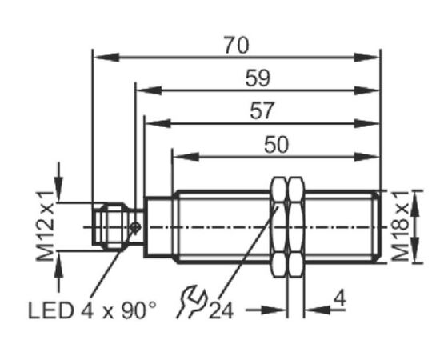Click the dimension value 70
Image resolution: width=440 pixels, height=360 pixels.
tap(236, 46)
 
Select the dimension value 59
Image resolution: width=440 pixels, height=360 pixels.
tap(258, 78)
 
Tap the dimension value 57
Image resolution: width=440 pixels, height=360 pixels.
tap(262, 111)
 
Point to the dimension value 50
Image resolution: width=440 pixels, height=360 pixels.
tap(276, 145)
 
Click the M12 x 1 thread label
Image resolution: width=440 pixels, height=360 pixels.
tap(45, 226)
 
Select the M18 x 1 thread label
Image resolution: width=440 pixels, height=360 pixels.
tap(401, 226)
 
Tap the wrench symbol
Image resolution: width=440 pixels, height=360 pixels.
tap(191, 302)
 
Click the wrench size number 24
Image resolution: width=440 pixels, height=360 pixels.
tap(221, 310)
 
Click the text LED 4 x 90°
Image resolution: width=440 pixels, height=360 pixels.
tap(92, 310)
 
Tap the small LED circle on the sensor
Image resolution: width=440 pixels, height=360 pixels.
tap(135, 227)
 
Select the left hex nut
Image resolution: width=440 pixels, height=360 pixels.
tap(279, 227)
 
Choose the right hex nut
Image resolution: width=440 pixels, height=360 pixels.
tap(297, 227)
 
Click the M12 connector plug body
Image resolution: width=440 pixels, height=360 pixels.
tap(111, 226)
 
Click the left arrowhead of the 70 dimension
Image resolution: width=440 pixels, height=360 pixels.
tap(106, 58)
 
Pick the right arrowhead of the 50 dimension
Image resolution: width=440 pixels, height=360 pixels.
tap(366, 157)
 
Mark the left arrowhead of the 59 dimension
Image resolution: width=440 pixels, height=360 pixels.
tap(149, 90)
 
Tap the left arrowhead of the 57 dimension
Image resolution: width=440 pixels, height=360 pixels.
tap(158, 123)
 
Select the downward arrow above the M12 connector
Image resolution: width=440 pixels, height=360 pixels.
tap(58, 182)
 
